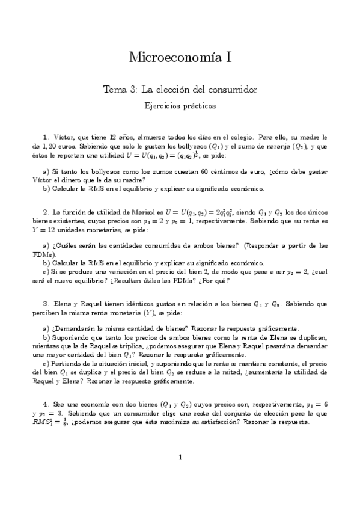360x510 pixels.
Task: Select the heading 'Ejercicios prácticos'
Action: pyautogui.click(x=180, y=105)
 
